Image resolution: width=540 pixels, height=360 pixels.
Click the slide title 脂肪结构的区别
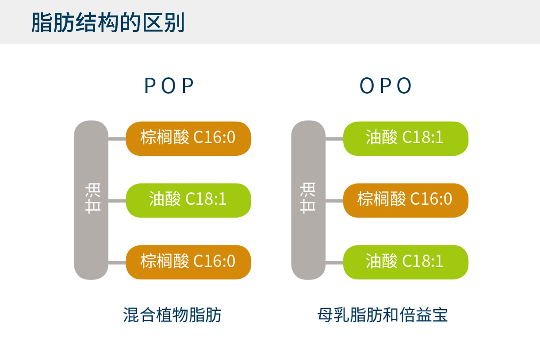107,23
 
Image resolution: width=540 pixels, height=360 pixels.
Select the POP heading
169,86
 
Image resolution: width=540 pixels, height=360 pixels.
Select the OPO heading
386,86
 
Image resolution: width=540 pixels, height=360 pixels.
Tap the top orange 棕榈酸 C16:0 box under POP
188,138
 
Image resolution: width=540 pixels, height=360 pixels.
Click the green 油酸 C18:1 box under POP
188,200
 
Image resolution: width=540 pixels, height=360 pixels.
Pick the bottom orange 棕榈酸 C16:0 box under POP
188,262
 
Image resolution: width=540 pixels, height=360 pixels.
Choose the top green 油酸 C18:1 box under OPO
406,138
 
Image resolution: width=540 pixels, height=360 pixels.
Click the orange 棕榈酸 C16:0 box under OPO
406,200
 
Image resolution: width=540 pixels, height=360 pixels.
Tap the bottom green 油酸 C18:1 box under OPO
406,262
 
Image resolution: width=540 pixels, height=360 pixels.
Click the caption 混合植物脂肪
172,315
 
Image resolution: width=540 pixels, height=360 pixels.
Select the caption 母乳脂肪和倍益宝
383,315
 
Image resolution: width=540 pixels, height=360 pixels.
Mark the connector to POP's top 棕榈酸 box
117,138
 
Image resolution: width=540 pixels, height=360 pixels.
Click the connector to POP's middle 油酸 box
117,200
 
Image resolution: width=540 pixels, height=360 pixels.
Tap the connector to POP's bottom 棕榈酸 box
117,262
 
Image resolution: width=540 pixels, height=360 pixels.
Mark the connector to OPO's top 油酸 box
334,138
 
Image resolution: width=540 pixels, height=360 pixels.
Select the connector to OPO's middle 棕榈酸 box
334,200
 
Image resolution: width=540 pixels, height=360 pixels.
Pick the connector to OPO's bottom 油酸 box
334,262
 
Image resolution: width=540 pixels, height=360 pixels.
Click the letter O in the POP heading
169,86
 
